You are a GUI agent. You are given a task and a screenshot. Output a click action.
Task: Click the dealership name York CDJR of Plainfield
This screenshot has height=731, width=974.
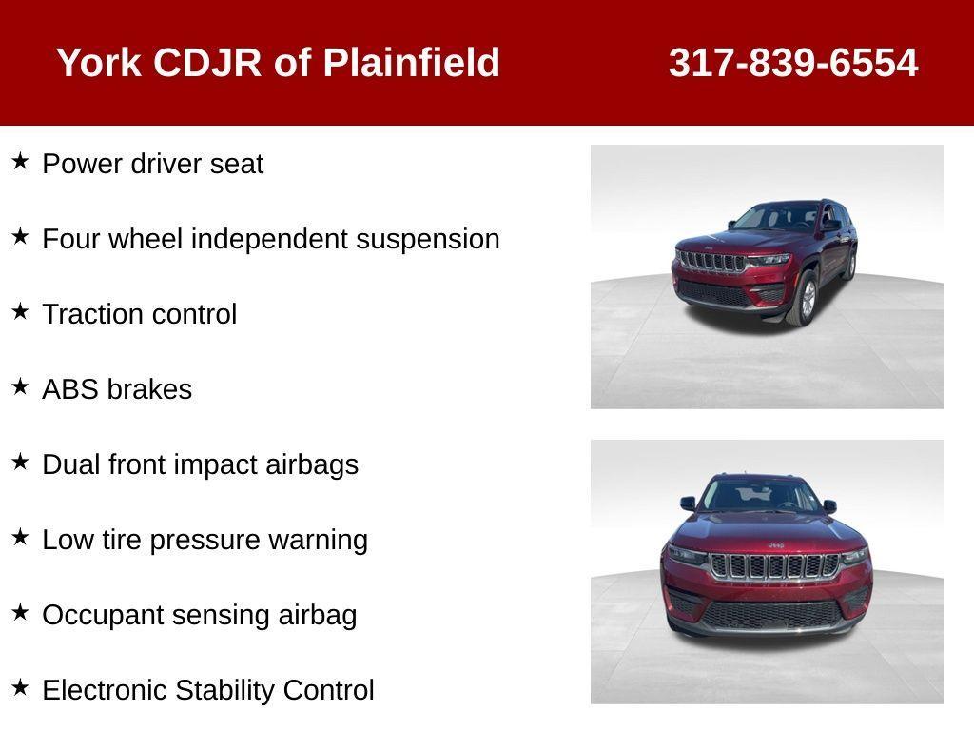pos(278,63)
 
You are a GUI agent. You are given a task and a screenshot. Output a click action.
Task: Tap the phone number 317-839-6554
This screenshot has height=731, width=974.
pos(792,63)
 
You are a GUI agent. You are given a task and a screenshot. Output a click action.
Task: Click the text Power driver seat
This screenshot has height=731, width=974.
pos(152,164)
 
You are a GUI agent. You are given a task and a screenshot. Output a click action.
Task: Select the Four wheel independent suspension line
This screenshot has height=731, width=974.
pos(270,239)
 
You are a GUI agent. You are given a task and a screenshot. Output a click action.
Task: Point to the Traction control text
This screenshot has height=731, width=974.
pos(139,314)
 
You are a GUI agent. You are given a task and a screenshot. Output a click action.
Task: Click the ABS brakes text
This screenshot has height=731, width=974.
pos(117,389)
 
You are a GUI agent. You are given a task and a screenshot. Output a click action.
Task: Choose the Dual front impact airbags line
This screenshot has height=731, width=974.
pos(200,464)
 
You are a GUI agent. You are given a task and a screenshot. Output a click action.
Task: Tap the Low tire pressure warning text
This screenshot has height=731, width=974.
pos(205,540)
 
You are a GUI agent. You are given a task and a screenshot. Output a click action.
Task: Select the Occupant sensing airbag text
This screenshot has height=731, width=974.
pos(199,615)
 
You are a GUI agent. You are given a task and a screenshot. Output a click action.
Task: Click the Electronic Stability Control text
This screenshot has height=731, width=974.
pos(207,690)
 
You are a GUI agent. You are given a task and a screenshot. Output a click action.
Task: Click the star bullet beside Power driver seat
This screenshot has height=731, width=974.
pos(20,161)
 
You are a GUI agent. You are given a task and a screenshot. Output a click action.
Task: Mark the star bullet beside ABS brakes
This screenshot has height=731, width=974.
pos(20,386)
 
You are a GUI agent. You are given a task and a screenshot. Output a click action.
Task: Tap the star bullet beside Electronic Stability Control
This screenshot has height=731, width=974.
pos(20,687)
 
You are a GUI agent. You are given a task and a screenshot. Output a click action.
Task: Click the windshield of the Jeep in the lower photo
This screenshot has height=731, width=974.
pos(758,495)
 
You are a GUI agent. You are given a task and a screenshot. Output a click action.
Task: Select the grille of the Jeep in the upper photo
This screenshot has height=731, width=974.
pos(711,262)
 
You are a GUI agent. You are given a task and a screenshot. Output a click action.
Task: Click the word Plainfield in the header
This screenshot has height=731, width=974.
pos(411,63)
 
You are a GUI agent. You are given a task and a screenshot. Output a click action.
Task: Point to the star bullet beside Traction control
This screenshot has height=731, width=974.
pos(20,311)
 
